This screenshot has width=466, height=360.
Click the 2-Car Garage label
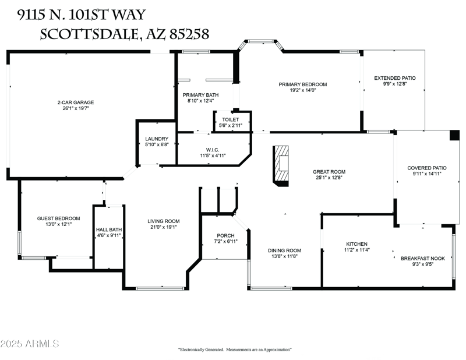click(x=75, y=103)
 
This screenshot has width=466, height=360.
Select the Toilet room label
click(x=231, y=119)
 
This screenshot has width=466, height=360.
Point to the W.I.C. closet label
click(x=212, y=150)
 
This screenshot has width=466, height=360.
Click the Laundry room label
click(x=157, y=139)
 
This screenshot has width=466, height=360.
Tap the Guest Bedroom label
click(x=58, y=218)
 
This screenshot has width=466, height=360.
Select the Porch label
click(x=225, y=235)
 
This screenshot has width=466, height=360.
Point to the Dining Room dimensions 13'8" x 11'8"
click(x=284, y=256)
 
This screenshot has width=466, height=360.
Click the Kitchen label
click(x=356, y=243)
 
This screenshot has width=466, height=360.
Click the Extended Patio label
click(x=394, y=77)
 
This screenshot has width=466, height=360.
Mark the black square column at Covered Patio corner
click(x=454, y=135)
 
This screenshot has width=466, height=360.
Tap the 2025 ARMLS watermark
click(x=30, y=344)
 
